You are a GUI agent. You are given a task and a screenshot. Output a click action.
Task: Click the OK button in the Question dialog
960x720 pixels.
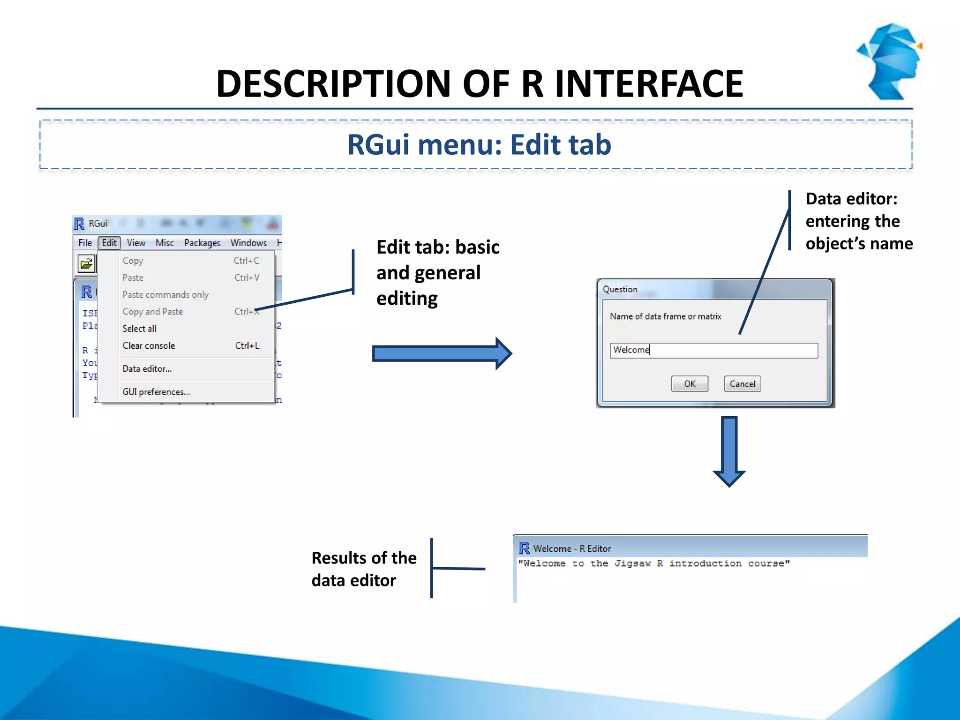[689, 384]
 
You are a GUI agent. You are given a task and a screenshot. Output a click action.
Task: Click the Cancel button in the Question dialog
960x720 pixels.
[742, 384]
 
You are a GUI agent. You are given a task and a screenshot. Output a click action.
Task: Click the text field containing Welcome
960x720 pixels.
[713, 350]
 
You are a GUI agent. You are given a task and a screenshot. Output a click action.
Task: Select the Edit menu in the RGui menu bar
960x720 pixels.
[109, 243]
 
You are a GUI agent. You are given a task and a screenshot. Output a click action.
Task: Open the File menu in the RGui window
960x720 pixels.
[85, 243]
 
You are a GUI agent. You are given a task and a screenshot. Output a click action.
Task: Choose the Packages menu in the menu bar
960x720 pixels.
[202, 243]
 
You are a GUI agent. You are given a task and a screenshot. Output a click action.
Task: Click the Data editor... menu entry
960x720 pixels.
[147, 369]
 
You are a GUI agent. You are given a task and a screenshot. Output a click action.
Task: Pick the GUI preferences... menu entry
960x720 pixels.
[156, 392]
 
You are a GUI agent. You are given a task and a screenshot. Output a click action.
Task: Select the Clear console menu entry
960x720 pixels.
[149, 345]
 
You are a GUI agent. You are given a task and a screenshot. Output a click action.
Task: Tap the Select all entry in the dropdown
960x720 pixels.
[139, 329]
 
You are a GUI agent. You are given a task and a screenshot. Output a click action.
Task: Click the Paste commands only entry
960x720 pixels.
[165, 294]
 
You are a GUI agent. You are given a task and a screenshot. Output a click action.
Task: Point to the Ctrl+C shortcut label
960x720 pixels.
[246, 261]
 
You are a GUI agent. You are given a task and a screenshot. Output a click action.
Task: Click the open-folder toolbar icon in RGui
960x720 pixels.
[86, 263]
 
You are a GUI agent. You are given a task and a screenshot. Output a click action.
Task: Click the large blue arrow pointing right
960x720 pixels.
[441, 353]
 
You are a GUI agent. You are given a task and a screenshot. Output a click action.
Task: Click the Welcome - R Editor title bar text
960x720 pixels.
[572, 548]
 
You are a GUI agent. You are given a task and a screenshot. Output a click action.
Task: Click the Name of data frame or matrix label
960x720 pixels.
[665, 316]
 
